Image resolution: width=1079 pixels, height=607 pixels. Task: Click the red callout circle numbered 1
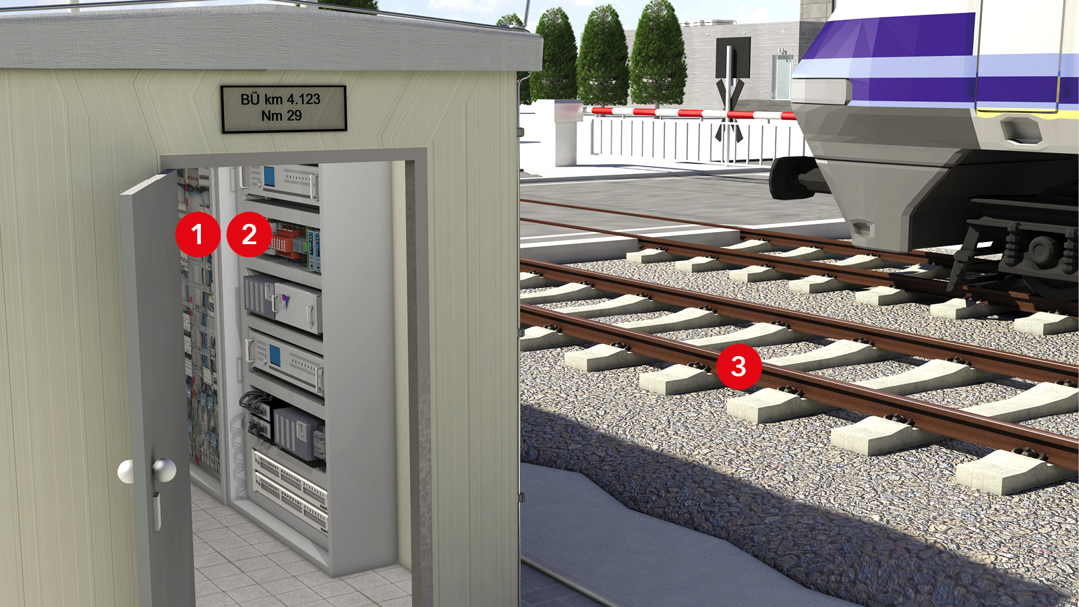198,234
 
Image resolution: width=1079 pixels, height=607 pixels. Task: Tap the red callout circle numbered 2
249,234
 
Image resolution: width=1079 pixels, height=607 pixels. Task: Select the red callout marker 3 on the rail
739,366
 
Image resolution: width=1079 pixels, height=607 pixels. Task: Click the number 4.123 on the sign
303,99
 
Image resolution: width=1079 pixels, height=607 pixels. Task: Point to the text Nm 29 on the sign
281,115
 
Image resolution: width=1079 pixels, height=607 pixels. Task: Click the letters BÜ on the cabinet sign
250,99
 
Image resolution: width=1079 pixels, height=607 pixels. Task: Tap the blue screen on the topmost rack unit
269,177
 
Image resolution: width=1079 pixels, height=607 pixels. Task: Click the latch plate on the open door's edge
156,510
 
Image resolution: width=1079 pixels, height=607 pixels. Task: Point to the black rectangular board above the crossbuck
732,57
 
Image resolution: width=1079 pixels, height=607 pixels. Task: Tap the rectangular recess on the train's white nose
1021,130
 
